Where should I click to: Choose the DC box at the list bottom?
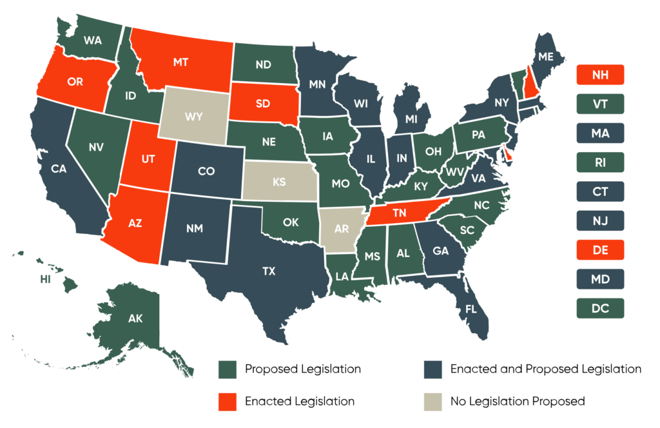[x=599, y=308]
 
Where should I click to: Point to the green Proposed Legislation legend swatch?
[x=227, y=369]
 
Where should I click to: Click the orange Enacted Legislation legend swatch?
[x=227, y=401]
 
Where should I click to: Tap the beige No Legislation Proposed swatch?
[x=432, y=401]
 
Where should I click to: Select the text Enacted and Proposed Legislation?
[x=545, y=369]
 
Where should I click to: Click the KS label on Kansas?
[x=279, y=182]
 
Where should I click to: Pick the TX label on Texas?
[x=269, y=271]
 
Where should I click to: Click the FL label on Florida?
[x=471, y=309]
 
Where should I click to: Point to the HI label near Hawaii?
[x=45, y=280]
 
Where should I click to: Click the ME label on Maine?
[x=546, y=57]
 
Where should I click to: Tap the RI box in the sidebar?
[x=599, y=162]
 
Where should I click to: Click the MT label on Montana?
[x=180, y=63]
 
